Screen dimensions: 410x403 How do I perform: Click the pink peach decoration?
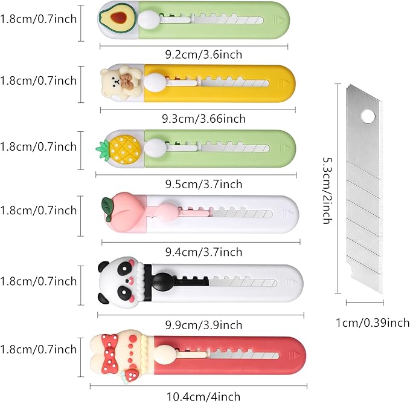123,212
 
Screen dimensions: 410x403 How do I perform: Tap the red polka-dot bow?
111,354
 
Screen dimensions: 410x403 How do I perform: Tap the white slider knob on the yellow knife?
155,82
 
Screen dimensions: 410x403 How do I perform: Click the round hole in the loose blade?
368,116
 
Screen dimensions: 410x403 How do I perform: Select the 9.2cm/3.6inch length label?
203,54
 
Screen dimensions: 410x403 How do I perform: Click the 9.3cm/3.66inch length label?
203,119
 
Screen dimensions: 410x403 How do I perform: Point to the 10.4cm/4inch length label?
203,396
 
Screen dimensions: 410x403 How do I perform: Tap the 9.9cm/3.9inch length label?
203,325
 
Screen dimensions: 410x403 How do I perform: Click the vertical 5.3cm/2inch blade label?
327,190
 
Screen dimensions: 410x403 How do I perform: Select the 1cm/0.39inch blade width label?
373,323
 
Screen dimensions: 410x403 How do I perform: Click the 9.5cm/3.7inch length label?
203,184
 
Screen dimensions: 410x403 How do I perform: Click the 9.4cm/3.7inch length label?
203,252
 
